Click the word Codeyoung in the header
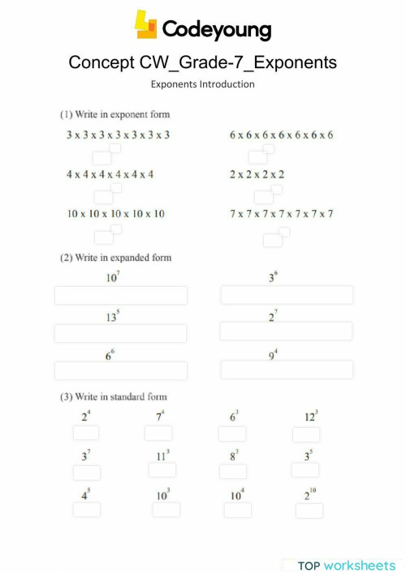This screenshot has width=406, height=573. click(217, 30)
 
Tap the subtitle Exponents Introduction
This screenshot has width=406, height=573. click(203, 83)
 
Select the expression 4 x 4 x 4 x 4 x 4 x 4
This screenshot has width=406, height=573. click(110, 174)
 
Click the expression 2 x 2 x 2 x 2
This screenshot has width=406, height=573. click(257, 174)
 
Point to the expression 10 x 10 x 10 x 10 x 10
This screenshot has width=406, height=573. click(115, 214)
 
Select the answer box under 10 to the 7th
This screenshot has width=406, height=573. click(120, 296)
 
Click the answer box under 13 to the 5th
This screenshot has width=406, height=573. click(120, 333)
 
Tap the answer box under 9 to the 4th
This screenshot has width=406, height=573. click(287, 370)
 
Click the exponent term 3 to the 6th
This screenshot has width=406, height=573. click(273, 278)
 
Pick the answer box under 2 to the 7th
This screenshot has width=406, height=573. click(286, 331)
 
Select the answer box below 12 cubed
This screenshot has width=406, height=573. click(306, 434)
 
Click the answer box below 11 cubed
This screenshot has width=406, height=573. click(162, 470)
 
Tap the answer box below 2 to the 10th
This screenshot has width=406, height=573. click(309, 511)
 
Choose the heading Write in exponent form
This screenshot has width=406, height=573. click(114, 114)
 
